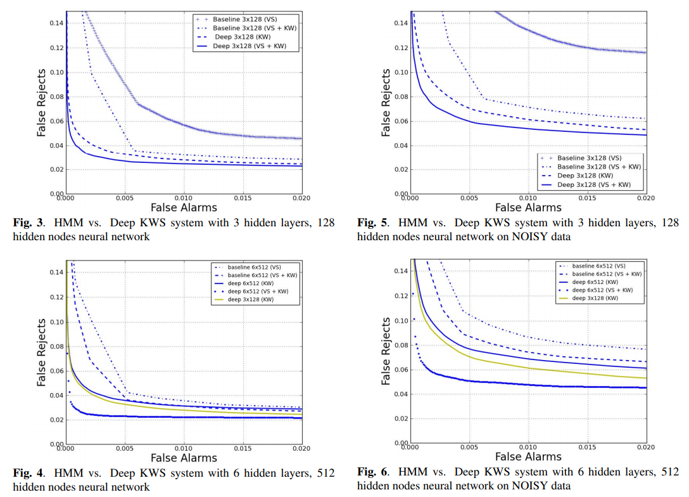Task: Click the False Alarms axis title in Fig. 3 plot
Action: point(184,207)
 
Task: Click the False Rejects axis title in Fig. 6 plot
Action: point(386,352)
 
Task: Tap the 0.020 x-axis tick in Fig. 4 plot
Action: point(301,448)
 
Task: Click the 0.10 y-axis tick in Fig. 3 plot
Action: point(55,72)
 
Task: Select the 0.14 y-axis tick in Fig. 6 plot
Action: point(400,271)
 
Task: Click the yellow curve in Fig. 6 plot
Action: point(507,362)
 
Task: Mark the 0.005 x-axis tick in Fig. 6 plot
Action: point(469,447)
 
